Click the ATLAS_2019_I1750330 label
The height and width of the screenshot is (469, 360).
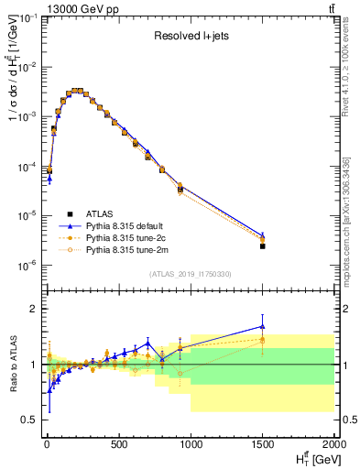point(190,274)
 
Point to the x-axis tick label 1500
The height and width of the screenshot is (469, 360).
point(263,445)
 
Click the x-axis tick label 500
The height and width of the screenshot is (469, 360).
point(118,445)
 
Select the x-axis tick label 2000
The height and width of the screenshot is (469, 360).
point(333,445)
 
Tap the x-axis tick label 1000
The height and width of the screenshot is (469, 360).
point(191,445)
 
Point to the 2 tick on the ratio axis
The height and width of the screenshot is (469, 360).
point(32,309)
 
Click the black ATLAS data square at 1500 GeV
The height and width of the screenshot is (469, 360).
point(263,246)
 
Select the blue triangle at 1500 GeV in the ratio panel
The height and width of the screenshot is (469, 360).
point(263,326)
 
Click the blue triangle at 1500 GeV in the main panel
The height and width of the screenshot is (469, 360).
point(263,235)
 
